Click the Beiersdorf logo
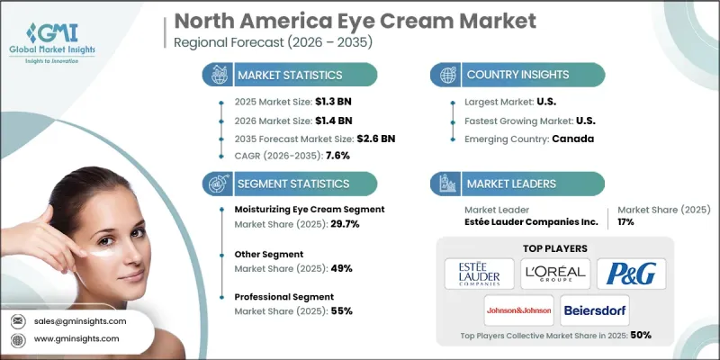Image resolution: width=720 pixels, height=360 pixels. pyautogui.click(x=595, y=310)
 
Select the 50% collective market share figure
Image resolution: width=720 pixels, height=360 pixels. pyautogui.click(x=641, y=335)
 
